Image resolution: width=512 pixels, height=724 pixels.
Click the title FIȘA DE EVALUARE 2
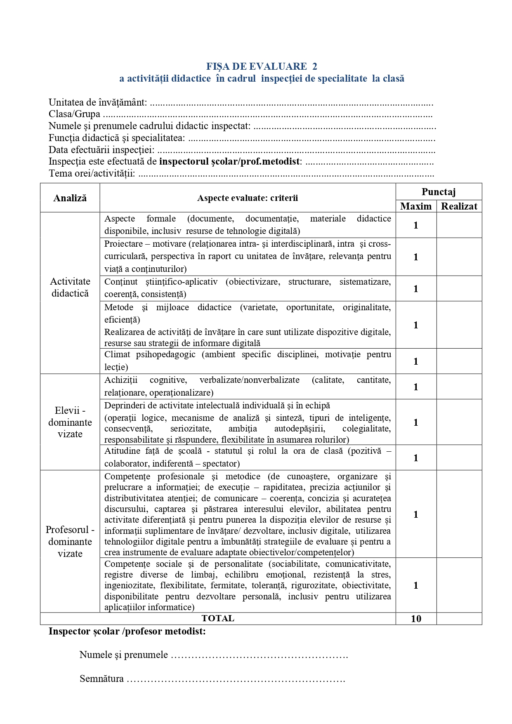[x=262, y=66]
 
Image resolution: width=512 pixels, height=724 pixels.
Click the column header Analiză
[x=70, y=198]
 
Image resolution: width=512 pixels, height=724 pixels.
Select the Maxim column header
[x=416, y=206]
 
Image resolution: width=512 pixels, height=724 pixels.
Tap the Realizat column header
[x=459, y=206]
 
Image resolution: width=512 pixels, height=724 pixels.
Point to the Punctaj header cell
[x=439, y=192]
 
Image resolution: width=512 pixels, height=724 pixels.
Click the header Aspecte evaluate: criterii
[x=248, y=198]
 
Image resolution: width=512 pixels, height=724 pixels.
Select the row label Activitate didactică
[x=70, y=288]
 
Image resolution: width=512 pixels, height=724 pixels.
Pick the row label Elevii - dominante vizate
[x=70, y=422]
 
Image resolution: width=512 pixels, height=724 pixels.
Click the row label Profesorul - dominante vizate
[x=70, y=541]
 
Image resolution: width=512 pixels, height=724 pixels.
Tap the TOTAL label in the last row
[x=218, y=618]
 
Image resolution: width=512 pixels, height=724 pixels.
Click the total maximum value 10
[x=416, y=619]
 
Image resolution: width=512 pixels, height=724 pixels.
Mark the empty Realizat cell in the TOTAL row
[x=459, y=619]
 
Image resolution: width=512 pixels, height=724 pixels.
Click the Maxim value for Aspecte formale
[x=416, y=225]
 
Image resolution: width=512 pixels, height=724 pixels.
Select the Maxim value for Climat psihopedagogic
[x=416, y=361]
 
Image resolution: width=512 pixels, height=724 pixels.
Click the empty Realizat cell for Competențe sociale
[x=459, y=585]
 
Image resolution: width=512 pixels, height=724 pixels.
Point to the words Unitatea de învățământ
[x=98, y=102]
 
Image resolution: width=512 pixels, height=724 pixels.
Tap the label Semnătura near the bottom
[x=101, y=679]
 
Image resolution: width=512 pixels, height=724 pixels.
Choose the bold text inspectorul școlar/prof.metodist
[x=230, y=161]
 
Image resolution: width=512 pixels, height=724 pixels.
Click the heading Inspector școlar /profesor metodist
[x=127, y=631]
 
